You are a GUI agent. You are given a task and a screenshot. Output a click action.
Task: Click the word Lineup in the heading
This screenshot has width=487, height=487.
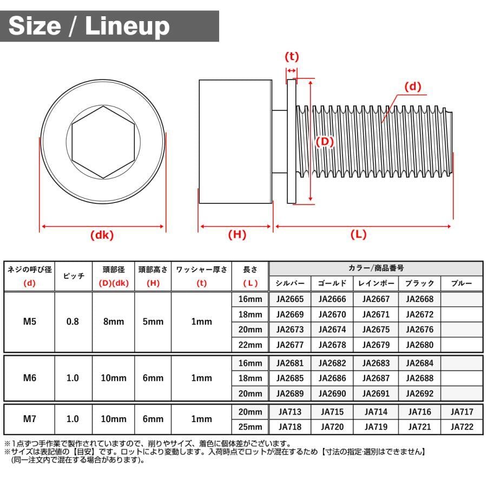(x=127, y=27)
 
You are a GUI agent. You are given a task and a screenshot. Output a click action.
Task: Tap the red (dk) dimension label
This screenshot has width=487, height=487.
(x=102, y=235)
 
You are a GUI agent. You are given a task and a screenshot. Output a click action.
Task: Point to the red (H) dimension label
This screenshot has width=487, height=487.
(x=237, y=234)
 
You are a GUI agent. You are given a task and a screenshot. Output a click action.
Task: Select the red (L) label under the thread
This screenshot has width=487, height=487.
(x=358, y=234)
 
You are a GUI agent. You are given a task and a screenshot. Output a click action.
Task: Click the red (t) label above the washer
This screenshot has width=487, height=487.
(x=292, y=56)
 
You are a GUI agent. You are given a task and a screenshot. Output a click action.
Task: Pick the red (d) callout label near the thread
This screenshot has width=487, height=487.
(x=413, y=87)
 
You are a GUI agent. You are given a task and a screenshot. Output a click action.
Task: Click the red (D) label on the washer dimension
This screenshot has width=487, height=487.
(x=325, y=142)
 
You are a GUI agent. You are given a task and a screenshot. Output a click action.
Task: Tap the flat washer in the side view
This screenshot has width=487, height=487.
(x=292, y=141)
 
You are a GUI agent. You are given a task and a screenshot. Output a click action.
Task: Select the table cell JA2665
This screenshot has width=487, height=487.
(x=290, y=299)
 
